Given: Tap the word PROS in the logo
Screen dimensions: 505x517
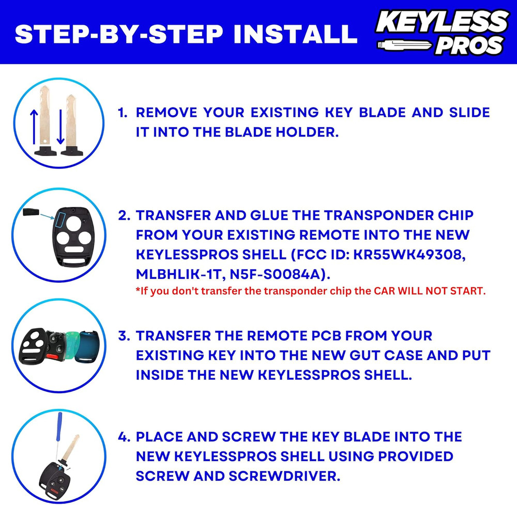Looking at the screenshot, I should tap(468, 47).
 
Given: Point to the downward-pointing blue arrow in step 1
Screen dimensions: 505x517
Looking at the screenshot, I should tap(60, 127).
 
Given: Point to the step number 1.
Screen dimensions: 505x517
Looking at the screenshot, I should tap(123, 113).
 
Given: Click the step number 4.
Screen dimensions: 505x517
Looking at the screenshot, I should tap(123, 437).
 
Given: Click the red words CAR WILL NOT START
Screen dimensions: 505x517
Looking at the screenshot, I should tap(430, 291).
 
